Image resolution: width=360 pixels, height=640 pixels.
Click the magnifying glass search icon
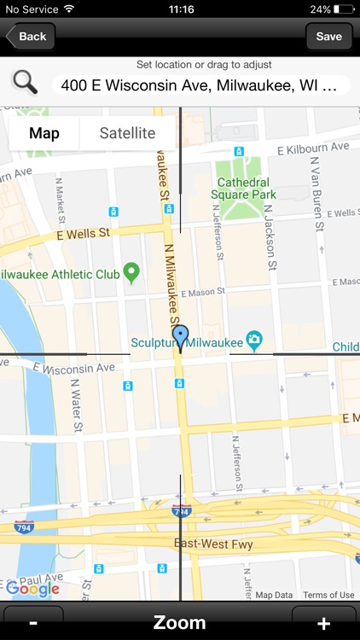coord(25,83)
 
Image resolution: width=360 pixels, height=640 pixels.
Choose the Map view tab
coord(44,133)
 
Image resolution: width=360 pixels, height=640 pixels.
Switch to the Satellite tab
coord(127,133)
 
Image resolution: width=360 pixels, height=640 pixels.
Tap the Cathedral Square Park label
coord(246,188)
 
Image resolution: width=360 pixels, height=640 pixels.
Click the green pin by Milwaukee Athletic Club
coord(131,273)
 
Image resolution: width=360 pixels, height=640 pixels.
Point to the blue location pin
coord(180,337)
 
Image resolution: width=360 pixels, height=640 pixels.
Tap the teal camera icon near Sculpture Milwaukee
coord(254,342)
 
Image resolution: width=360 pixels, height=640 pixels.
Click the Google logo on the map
coord(32,589)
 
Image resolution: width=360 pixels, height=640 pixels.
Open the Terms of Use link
coord(328,595)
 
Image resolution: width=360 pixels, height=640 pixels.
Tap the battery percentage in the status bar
coord(321,9)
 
